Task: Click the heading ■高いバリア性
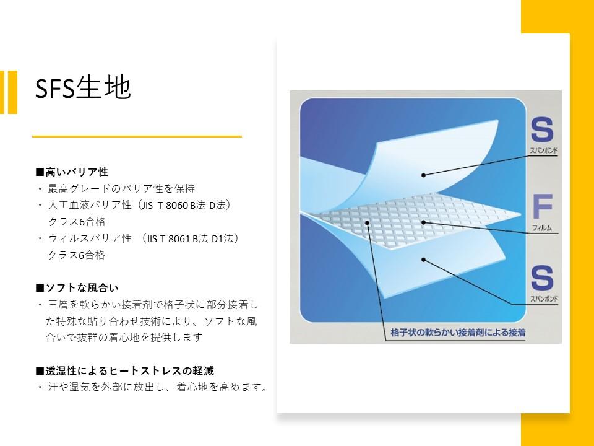pyautogui.click(x=72, y=172)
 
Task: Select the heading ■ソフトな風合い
pyautogui.click(x=77, y=288)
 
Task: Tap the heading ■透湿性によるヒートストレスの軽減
pyautogui.click(x=125, y=370)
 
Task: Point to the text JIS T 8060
pyautogui.click(x=166, y=205)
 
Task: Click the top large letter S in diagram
pyautogui.click(x=542, y=129)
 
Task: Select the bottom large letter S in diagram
pyautogui.click(x=542, y=278)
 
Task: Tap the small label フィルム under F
pyautogui.click(x=542, y=228)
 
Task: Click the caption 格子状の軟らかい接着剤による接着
pyautogui.click(x=458, y=333)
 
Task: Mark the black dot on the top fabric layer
pyautogui.click(x=423, y=175)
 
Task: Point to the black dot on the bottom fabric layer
pyautogui.click(x=423, y=260)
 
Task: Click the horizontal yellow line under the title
pyautogui.click(x=137, y=136)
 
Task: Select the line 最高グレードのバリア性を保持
pyautogui.click(x=121, y=188)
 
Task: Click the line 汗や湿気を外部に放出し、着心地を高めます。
pyautogui.click(x=158, y=387)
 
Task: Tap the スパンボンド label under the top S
pyautogui.click(x=544, y=151)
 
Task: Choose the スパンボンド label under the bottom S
pyautogui.click(x=544, y=299)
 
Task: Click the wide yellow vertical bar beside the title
pyautogui.click(x=12, y=92)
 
